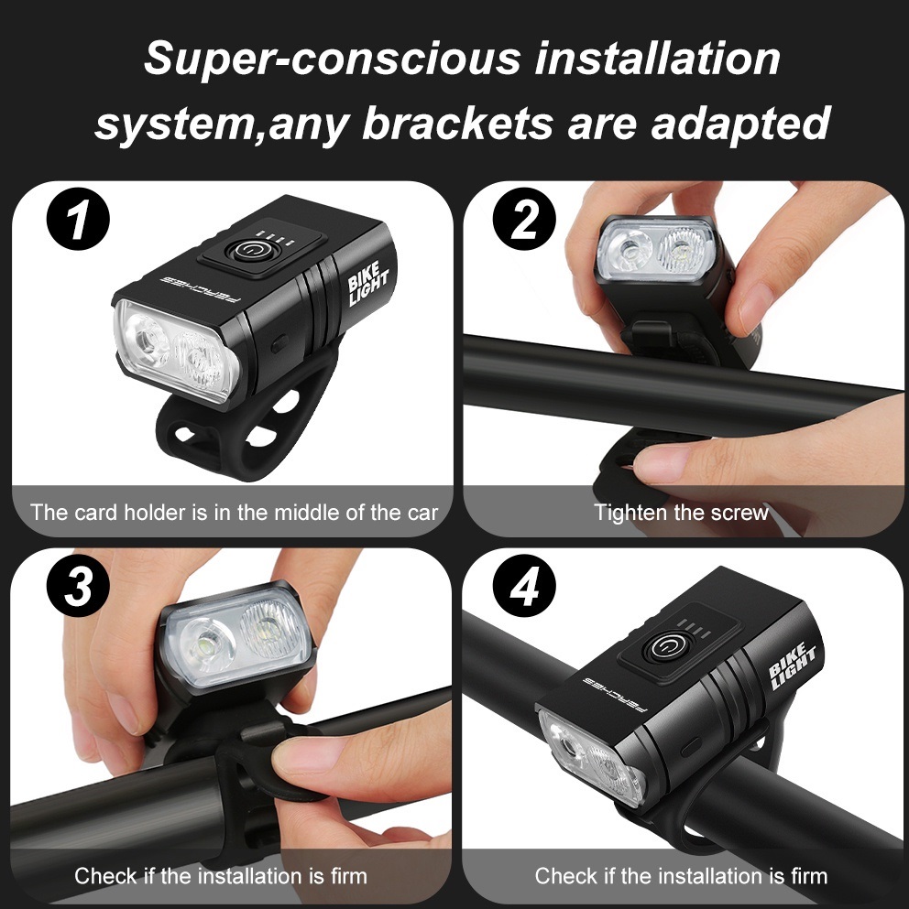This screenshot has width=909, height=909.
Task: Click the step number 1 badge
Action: pos(78,222)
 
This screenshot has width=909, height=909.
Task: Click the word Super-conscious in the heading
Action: pos(333,60)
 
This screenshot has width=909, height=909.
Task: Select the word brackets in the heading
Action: pos(457,124)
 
